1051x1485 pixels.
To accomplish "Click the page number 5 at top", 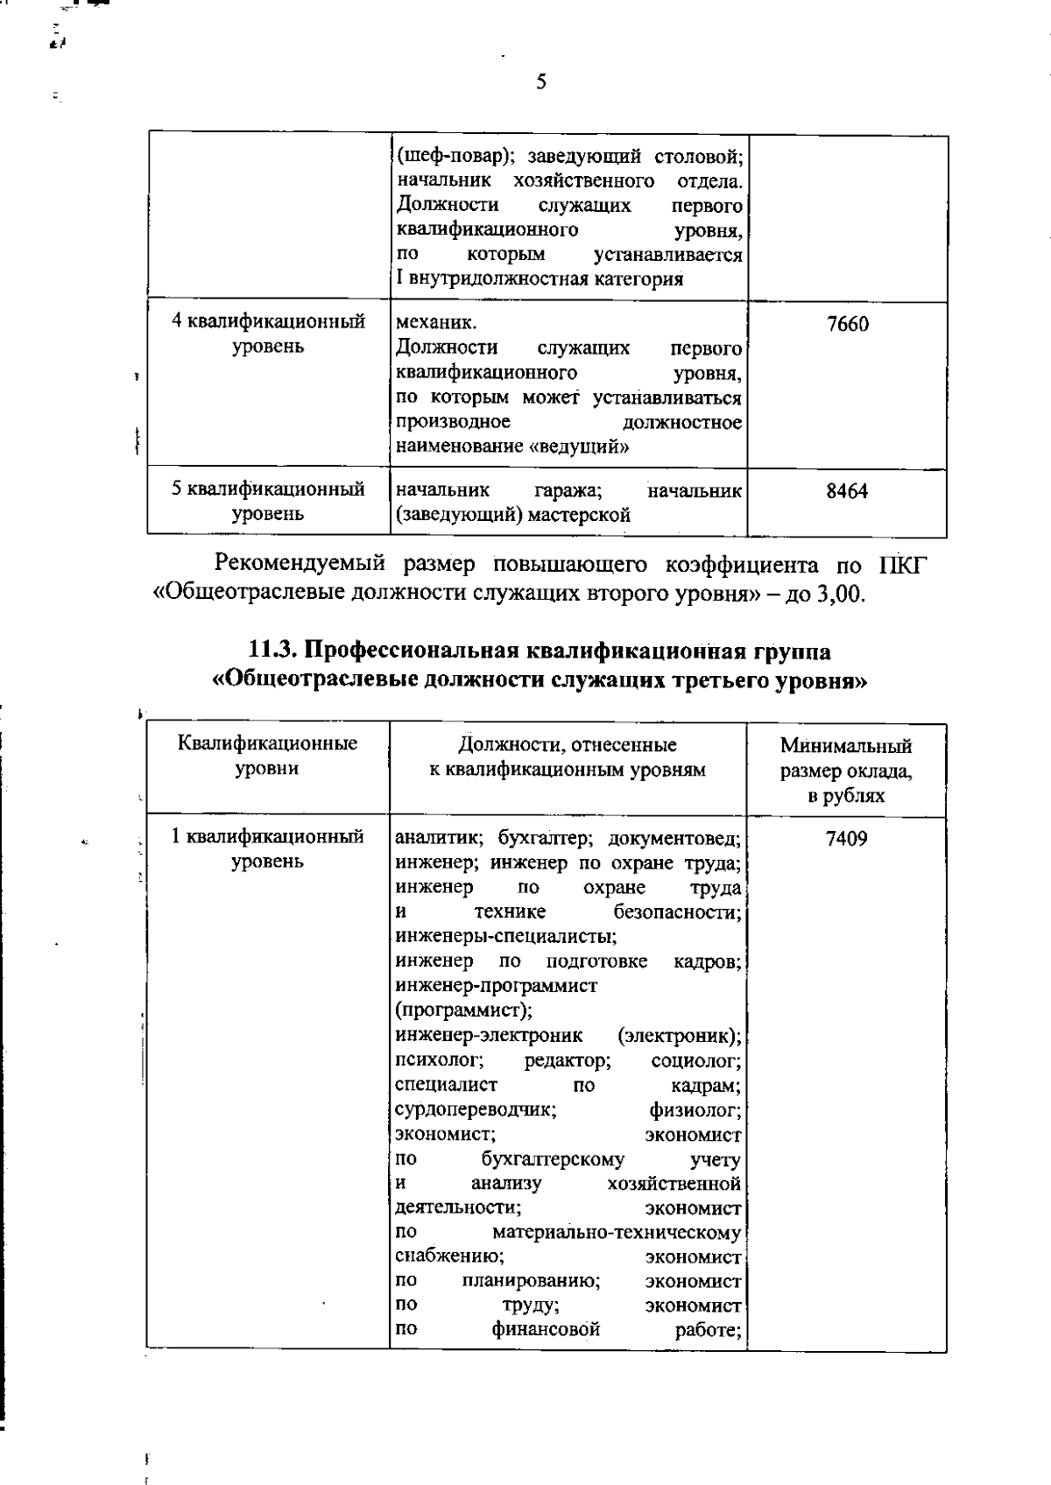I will (540, 82).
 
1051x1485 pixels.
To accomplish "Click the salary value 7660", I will (847, 325).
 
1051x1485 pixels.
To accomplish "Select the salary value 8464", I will (847, 491).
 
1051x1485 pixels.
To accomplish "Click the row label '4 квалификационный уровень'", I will (268, 334).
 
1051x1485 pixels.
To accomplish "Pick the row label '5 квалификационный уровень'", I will (268, 502).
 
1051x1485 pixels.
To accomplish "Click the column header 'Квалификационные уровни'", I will (268, 756).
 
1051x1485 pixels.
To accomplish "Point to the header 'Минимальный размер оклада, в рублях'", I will (846, 771).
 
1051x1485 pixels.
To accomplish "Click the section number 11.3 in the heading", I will (274, 651).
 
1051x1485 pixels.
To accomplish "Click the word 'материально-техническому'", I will (617, 1233).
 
